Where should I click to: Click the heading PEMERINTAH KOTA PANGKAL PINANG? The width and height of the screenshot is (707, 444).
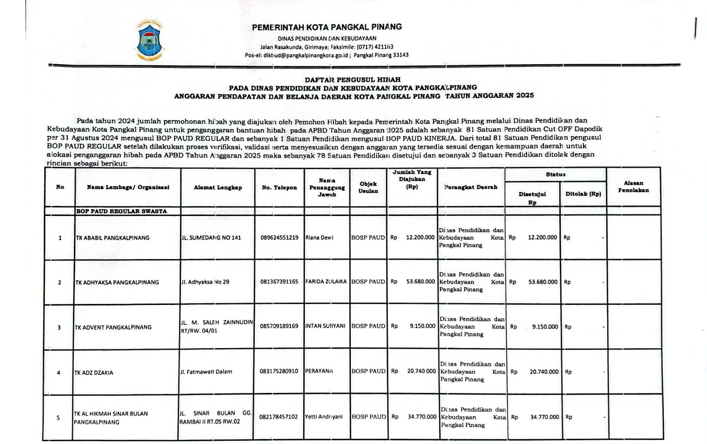327,27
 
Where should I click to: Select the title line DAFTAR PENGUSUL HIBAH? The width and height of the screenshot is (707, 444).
353,79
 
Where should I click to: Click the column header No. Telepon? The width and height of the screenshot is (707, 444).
279,188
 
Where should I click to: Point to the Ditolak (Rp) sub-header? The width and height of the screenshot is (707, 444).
583,194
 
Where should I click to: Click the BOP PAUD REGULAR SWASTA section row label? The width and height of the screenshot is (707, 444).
121,212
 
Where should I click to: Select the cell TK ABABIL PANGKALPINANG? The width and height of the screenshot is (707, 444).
113,238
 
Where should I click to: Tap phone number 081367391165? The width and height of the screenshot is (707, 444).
279,282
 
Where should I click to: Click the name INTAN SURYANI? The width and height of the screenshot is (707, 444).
327,327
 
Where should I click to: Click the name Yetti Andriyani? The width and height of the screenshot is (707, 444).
324,417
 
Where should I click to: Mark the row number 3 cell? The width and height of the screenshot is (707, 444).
59,327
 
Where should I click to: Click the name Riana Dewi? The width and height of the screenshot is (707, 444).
320,237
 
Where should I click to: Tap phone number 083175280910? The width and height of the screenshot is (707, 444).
279,371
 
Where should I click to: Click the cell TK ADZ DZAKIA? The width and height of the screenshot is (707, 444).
94,372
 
